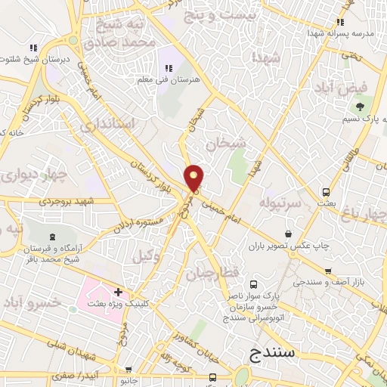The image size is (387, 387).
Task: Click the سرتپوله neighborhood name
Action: point(280,204)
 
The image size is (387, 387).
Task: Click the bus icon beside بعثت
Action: point(326,192)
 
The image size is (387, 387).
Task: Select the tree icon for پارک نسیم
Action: point(361,107)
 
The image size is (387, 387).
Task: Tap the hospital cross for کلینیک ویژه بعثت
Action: point(117,291)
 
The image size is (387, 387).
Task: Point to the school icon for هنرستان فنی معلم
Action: point(169,69)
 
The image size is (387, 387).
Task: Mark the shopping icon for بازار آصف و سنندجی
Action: point(327,269)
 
